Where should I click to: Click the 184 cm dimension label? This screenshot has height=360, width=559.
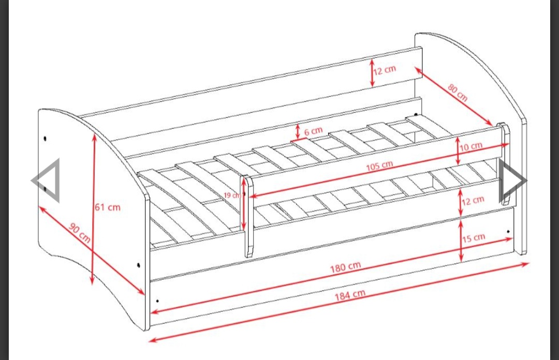click(350, 295)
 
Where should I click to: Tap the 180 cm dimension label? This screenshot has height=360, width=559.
click(345, 267)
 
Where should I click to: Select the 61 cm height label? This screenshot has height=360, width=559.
click(108, 207)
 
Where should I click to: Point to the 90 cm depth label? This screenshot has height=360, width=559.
click(80, 233)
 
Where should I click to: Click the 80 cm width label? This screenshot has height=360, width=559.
click(458, 93)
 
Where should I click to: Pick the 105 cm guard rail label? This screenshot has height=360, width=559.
click(380, 166)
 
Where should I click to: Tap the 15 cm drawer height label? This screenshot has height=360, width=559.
click(474, 238)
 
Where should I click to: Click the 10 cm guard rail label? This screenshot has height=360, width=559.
click(471, 146)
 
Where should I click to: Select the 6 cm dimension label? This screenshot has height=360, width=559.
click(313, 131)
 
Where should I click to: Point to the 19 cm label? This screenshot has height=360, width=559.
click(232, 196)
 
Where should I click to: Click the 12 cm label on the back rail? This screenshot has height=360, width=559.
click(385, 69)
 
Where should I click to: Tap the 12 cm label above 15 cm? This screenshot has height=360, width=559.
click(473, 201)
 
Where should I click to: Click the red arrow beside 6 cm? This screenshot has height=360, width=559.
click(298, 131)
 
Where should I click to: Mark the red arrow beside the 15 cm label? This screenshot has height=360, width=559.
click(461, 241)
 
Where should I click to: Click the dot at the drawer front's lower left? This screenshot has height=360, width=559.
click(157, 301)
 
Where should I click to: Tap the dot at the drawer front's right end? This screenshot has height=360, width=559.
click(508, 232)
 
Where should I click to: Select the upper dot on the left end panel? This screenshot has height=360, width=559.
click(45, 138)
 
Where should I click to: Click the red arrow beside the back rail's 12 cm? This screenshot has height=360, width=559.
click(372, 73)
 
